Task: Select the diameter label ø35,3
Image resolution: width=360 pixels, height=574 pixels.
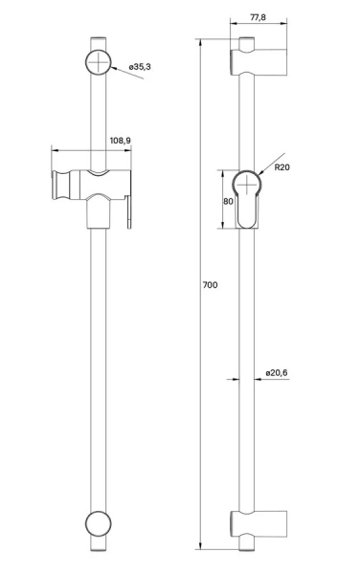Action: click(140, 68)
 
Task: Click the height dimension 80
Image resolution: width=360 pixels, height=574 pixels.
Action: click(229, 202)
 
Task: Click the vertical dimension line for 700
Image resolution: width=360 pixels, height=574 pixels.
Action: click(200, 287)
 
